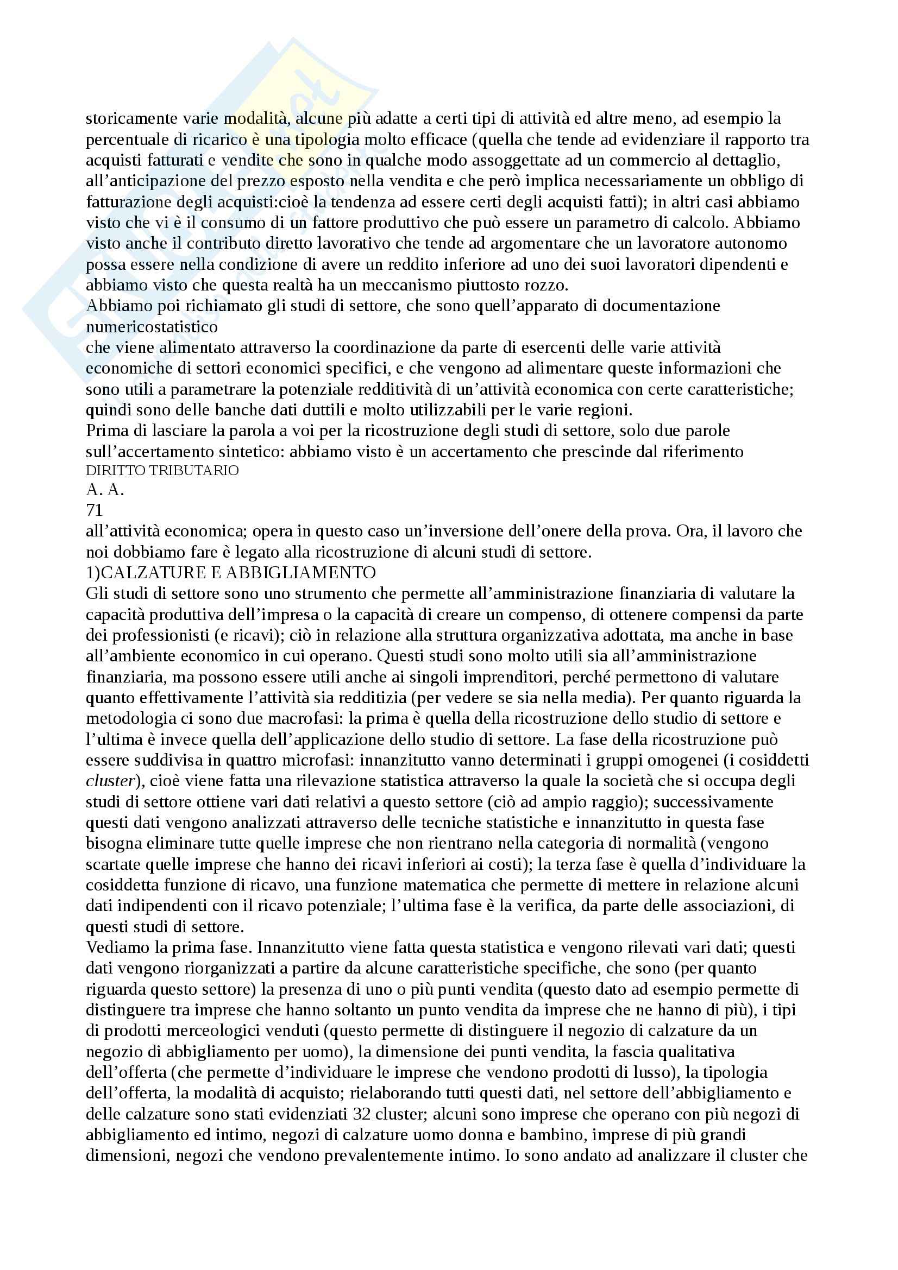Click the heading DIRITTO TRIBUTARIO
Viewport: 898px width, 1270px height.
pyautogui.click(x=162, y=471)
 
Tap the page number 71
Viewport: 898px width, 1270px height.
pyautogui.click(x=95, y=510)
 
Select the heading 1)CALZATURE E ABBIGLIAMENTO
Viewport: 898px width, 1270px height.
pyautogui.click(x=231, y=572)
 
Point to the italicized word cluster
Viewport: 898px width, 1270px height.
pyautogui.click(x=110, y=781)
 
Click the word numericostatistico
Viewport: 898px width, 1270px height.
pyautogui.click(x=152, y=326)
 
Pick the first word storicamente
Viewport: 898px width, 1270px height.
pyautogui.click(x=131, y=118)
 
